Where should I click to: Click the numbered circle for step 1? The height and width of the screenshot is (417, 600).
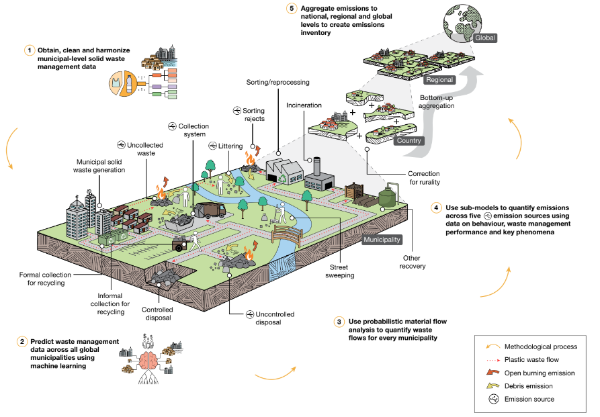tap(30, 50)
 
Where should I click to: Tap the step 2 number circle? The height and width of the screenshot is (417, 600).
tap(22, 342)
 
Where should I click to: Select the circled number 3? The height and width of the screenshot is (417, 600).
tap(339, 321)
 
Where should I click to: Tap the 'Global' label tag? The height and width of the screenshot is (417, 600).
tap(485, 38)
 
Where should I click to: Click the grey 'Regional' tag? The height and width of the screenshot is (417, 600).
tap(439, 79)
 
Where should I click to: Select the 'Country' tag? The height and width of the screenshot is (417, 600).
tap(409, 141)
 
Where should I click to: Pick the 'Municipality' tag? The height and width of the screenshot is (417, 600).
tap(382, 239)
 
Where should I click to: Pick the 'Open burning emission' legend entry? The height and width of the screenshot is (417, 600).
tap(539, 373)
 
